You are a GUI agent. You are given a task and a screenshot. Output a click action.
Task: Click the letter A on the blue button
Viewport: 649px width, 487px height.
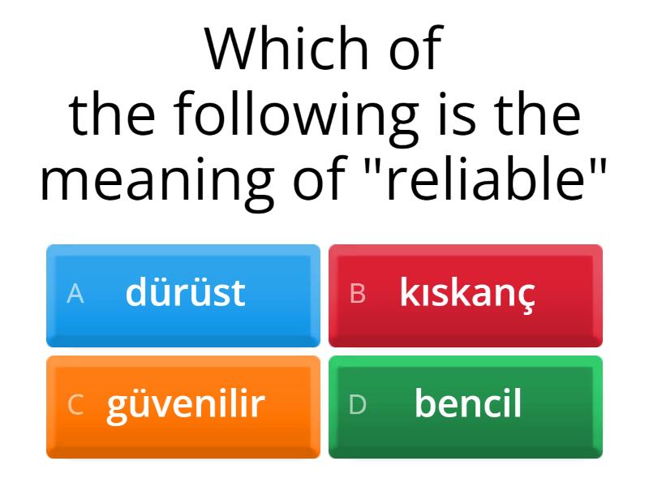pos(75,294)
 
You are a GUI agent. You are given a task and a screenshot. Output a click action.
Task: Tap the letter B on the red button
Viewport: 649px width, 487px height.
pos(357,294)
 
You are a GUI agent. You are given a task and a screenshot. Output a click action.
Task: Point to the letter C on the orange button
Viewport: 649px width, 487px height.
pos(75,404)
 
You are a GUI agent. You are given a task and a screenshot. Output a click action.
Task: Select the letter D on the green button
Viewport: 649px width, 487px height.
pos(358,404)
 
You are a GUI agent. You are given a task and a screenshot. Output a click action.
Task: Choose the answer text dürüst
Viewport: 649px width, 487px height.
pos(185,293)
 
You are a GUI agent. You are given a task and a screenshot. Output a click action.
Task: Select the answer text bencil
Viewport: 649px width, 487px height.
pos(467,403)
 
